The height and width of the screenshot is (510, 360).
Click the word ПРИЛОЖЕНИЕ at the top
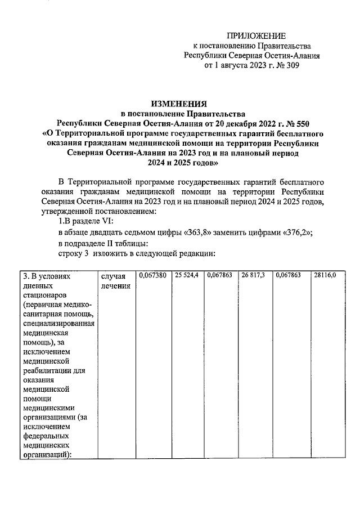(256, 35)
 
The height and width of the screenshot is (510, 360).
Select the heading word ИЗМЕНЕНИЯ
(179, 103)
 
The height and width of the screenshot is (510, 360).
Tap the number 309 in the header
(291, 65)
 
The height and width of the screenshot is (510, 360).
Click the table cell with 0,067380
(152, 275)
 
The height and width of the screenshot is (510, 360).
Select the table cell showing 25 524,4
(187, 275)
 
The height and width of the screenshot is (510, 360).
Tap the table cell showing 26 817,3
(254, 275)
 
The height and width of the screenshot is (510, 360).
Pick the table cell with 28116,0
(325, 275)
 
